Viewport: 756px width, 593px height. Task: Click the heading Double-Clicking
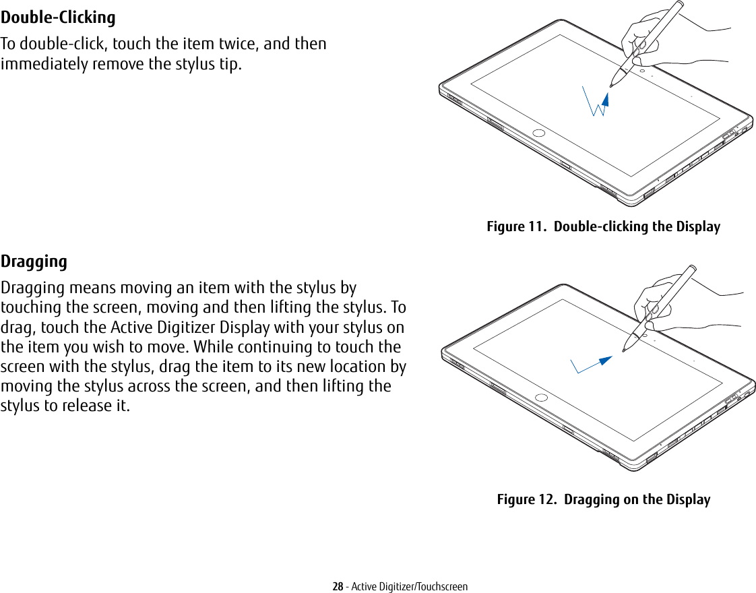[x=58, y=18]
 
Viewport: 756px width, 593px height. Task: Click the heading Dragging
[x=34, y=261]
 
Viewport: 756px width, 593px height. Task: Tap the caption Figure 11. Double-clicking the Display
[x=603, y=227]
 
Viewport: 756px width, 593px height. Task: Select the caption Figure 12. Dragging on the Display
[x=603, y=500]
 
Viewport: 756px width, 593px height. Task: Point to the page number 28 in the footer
[x=338, y=586]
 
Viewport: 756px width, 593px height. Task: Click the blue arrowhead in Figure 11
[x=605, y=100]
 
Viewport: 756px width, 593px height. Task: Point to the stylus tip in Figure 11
[x=611, y=86]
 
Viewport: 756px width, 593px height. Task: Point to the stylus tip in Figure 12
[x=624, y=350]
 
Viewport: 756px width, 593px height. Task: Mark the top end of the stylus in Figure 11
[x=680, y=3]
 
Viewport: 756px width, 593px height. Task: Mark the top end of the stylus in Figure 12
[x=692, y=268]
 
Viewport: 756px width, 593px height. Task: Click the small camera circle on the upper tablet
[x=642, y=71]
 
